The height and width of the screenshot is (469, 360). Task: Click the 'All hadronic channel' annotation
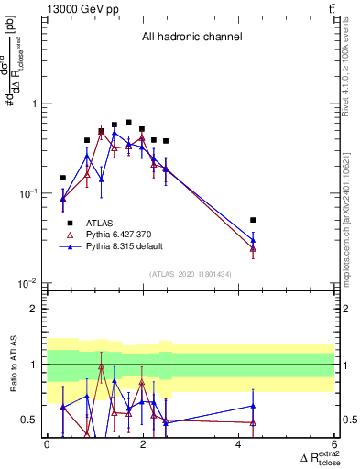point(191,38)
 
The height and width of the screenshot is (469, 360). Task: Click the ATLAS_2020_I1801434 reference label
point(190,274)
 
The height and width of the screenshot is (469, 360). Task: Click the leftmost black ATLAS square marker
point(63,178)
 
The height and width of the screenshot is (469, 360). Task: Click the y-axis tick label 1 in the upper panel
point(36,104)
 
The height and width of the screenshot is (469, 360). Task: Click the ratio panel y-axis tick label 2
point(36,310)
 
